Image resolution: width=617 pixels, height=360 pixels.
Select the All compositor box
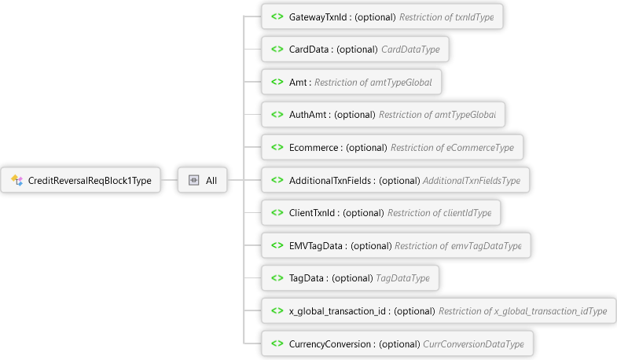203,181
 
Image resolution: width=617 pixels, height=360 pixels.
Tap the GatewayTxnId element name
319,17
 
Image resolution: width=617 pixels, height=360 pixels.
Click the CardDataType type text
416,50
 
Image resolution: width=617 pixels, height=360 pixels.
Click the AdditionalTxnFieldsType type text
472,181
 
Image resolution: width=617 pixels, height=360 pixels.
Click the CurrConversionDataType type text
473,344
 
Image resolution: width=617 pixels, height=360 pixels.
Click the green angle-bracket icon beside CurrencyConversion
277,344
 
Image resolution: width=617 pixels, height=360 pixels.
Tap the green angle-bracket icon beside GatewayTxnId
277,17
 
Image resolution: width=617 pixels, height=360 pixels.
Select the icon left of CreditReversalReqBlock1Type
17,181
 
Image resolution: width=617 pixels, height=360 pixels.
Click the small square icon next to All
193,181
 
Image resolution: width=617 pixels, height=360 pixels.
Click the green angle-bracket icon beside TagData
277,278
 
